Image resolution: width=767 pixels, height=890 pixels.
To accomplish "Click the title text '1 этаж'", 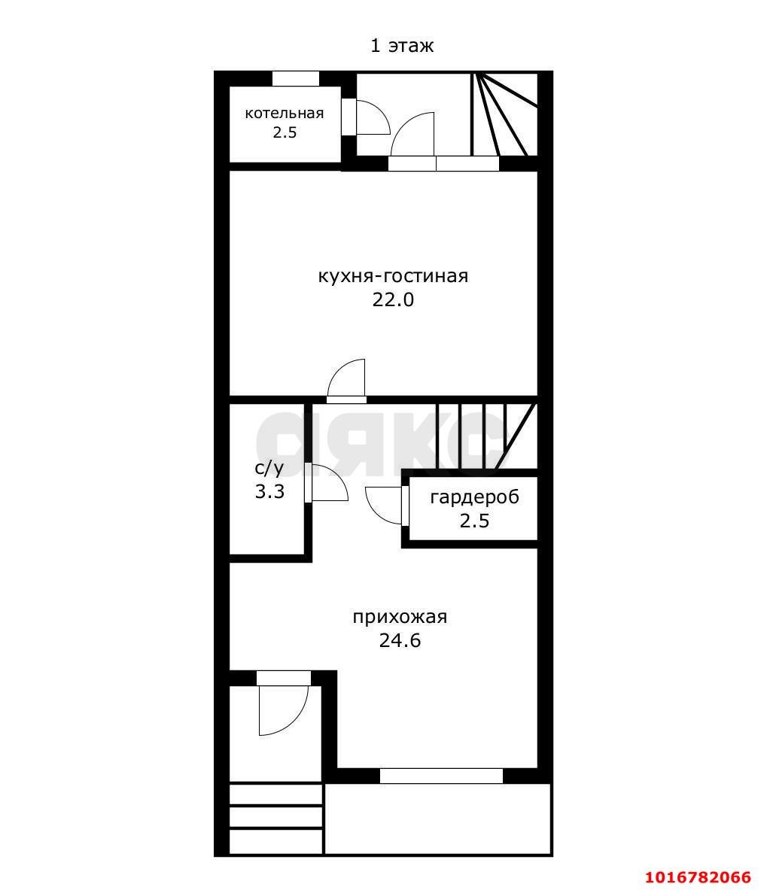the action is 402,45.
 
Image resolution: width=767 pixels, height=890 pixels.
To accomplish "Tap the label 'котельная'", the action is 285,113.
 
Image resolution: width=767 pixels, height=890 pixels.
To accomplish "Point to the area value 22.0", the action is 393,299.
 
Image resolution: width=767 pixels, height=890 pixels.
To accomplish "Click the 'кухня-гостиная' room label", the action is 393,276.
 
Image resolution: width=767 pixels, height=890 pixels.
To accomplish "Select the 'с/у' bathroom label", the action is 269,468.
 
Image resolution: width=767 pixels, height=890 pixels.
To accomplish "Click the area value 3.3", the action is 269,491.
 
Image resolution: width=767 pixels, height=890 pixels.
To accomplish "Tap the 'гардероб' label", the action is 475,497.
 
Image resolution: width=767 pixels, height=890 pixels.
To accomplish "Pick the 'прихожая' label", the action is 400,616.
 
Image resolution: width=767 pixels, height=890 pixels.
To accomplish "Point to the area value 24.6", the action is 400,640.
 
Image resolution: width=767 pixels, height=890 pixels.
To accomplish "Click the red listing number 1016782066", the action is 699,877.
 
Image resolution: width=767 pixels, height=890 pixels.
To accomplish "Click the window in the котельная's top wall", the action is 295,78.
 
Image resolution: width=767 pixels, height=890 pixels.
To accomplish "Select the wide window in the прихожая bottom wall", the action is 441,776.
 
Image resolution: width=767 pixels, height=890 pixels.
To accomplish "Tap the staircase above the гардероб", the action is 486,436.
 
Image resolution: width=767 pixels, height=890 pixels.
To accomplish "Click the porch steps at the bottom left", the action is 276,818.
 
